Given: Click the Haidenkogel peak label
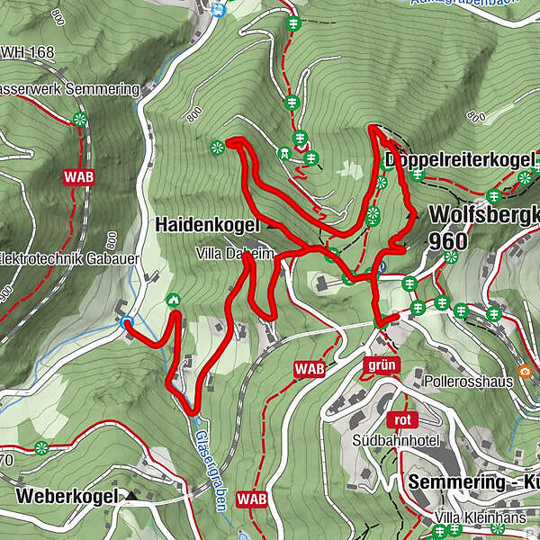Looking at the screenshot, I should click(207, 223).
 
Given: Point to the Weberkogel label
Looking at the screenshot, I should click(67, 496).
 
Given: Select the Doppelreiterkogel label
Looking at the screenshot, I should click(458, 160).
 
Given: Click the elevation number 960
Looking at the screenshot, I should click(448, 241).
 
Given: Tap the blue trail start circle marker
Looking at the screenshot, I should click(126, 321).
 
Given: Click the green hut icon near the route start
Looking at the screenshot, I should click(173, 300).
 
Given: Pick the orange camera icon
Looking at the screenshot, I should click(525, 371).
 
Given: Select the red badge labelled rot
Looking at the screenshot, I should click(401, 419).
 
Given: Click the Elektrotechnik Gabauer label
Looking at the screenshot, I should click(59, 255).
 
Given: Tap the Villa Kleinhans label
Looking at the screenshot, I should click(472, 517).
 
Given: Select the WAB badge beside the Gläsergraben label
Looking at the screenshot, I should click(251, 498).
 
